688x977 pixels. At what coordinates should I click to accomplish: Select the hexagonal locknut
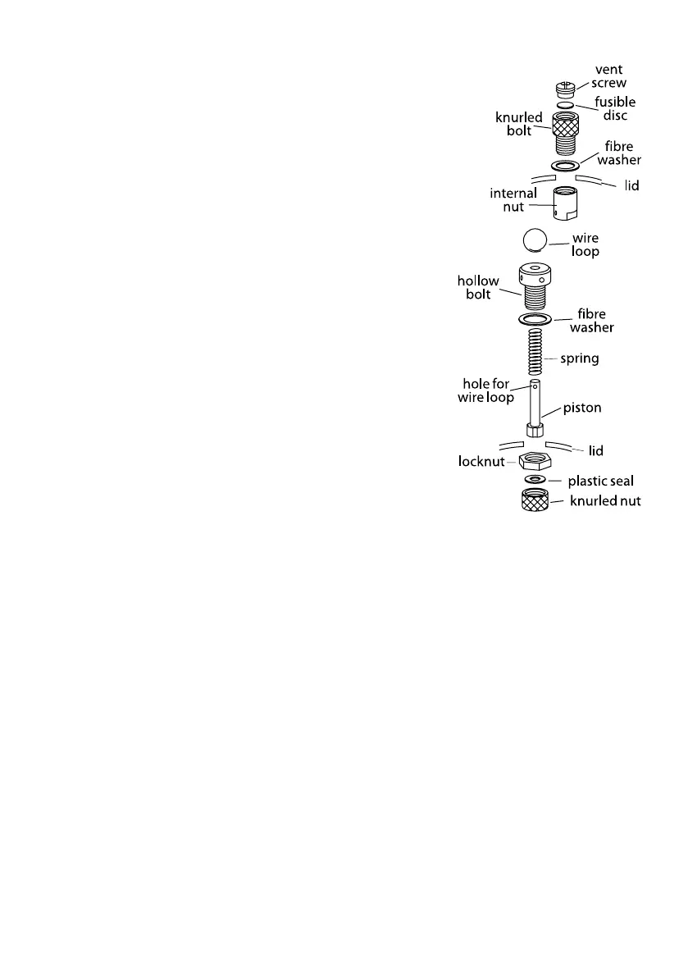[535, 460]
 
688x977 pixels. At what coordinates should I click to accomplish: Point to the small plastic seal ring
[534, 480]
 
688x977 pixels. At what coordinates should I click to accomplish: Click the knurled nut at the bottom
[535, 500]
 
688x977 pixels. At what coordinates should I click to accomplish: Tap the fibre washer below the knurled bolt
[563, 167]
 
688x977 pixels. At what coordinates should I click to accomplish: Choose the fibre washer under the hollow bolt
[535, 319]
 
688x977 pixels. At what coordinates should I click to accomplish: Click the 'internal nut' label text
[513, 200]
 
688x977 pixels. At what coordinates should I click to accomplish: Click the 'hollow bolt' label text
[478, 287]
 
